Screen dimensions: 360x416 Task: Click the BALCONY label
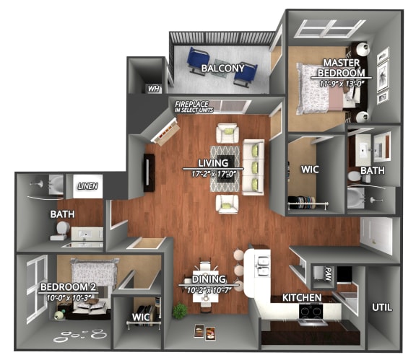pyautogui.click(x=222, y=69)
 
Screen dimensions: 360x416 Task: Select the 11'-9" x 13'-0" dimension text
pyautogui.click(x=342, y=83)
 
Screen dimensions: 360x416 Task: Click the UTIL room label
pyautogui.click(x=382, y=307)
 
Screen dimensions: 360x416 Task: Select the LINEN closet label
pyautogui.click(x=87, y=187)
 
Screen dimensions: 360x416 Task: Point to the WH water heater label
pyautogui.click(x=152, y=89)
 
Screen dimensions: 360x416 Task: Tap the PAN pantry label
pyautogui.click(x=326, y=274)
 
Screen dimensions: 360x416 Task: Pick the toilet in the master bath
pyautogui.click(x=355, y=176)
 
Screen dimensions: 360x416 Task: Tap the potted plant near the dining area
pyautogui.click(x=180, y=310)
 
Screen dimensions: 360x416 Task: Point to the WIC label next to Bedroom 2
pyautogui.click(x=140, y=317)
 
